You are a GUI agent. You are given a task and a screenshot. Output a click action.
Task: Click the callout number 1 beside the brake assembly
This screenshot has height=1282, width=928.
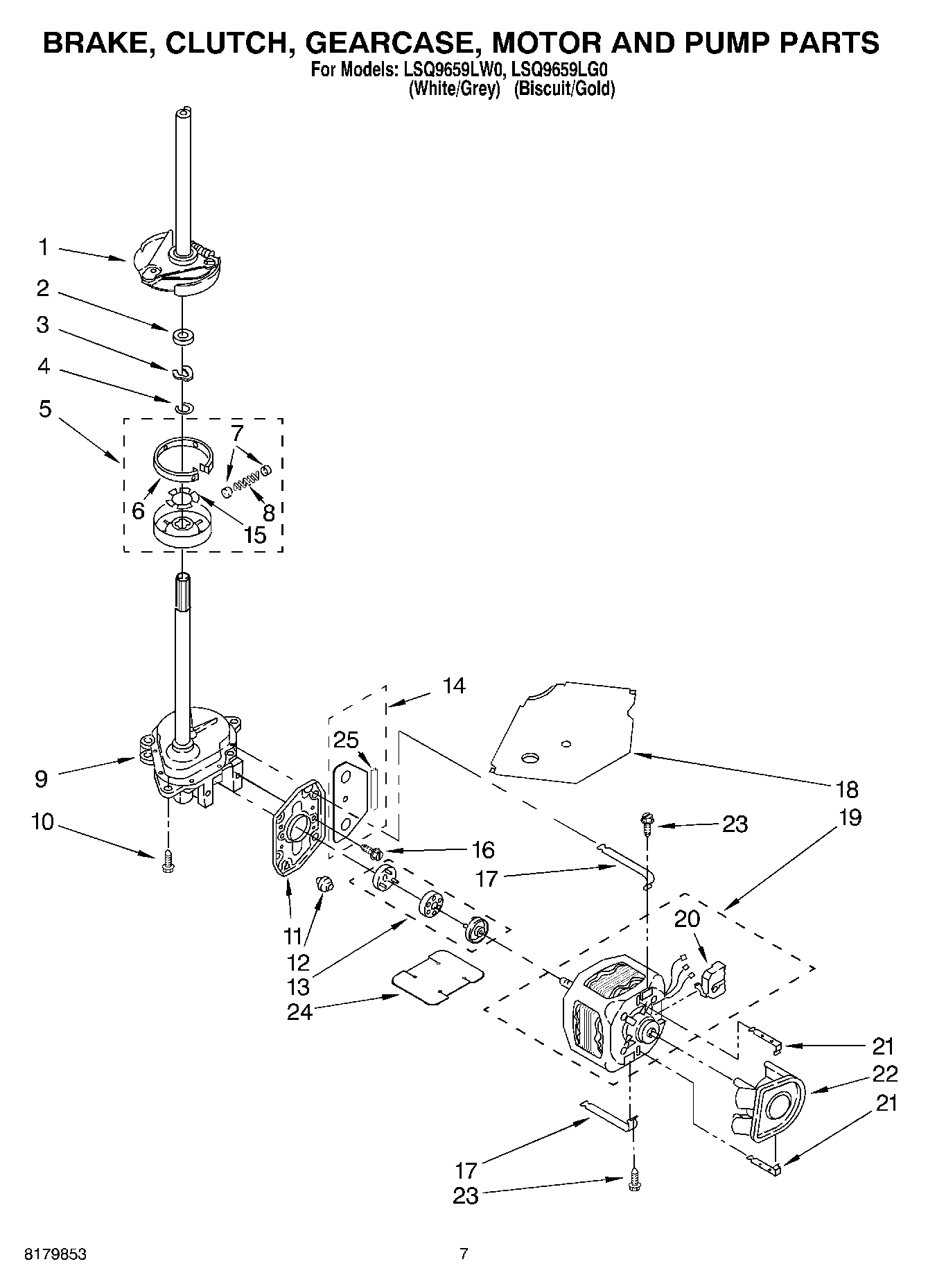pos(43,247)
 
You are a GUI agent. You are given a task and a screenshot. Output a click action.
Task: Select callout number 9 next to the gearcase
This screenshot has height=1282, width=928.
pos(42,779)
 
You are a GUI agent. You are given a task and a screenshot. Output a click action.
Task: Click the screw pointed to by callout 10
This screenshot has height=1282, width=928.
pos(166,862)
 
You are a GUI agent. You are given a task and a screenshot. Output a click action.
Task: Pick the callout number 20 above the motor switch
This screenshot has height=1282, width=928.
pos(687,919)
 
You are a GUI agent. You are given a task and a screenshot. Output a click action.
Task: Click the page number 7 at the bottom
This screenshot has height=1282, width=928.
pos(464,1254)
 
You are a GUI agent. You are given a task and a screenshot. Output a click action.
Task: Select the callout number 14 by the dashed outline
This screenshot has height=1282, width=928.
pos(454,686)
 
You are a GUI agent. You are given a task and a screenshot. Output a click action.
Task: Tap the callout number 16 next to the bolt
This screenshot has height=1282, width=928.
pos(482,849)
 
